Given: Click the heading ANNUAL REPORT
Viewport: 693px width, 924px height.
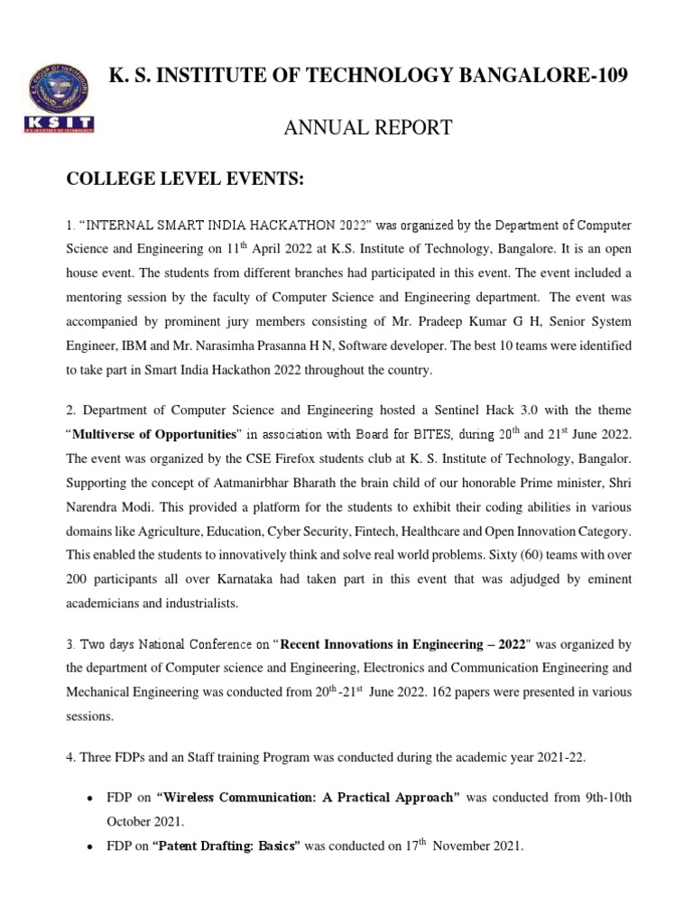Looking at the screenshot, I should (x=367, y=128).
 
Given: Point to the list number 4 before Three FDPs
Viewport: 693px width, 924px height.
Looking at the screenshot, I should (x=71, y=757).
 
